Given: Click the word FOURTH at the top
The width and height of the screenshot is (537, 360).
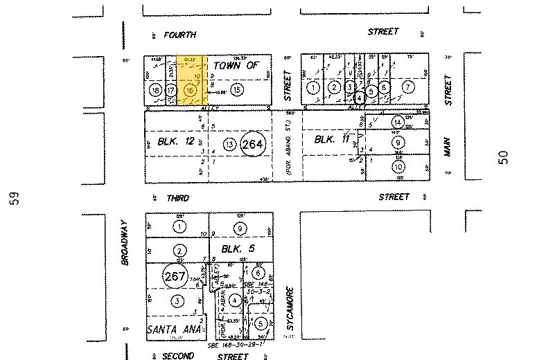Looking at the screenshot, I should [x=179, y=35].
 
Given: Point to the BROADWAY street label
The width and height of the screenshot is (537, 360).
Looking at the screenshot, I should [x=125, y=243].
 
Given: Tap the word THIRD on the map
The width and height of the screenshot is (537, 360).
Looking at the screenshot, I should [x=177, y=198].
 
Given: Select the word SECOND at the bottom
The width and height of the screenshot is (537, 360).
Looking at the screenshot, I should [x=177, y=357].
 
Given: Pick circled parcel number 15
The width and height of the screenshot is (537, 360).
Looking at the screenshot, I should [x=237, y=89].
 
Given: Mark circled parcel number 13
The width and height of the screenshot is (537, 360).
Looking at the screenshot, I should [x=230, y=145].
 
